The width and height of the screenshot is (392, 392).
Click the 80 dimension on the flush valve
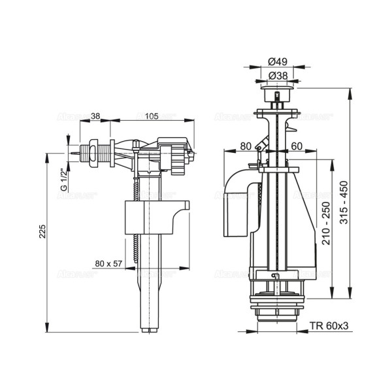[245, 146]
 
